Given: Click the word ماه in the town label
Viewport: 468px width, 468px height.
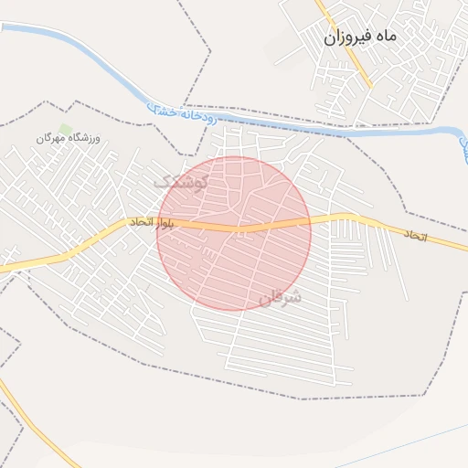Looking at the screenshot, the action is pos(386,37).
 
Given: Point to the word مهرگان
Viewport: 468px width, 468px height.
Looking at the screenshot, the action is pos(52,137).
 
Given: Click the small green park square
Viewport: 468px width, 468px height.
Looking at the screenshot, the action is pos(65,129).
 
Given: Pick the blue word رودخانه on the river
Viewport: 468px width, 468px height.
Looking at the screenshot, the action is pos(197,117).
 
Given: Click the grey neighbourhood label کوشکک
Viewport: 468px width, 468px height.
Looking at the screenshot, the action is pos(180,181).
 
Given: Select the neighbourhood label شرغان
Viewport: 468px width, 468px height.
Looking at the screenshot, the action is pos(279,298).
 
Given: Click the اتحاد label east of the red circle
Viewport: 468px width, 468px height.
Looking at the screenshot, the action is pos(416,235).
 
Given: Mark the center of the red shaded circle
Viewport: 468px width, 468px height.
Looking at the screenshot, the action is pos(234,233).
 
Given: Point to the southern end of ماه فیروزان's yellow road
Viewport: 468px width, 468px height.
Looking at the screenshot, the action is pos(369,87).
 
